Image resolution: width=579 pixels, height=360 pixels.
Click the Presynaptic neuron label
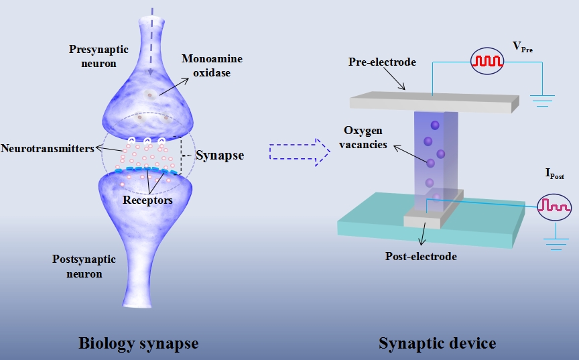click(92, 56)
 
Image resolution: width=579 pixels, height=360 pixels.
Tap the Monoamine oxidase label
click(211, 66)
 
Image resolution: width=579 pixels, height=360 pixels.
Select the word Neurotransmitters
click(47, 148)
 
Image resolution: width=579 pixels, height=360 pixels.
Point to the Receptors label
click(147, 200)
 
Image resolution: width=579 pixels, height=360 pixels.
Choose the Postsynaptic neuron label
click(84, 266)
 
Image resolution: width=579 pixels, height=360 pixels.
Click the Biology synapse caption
click(139, 343)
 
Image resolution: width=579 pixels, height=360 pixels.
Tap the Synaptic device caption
click(438, 343)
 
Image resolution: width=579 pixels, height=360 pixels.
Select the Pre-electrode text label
click(382, 62)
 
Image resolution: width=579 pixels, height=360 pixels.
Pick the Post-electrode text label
click(421, 256)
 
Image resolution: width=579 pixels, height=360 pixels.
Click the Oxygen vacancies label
click(365, 136)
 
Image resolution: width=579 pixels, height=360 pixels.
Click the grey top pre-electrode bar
click(434, 102)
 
